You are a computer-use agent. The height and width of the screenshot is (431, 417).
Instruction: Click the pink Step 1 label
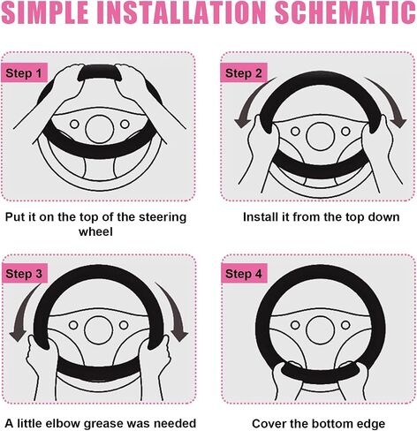[x=25, y=72]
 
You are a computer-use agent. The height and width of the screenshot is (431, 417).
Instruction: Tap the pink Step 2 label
[x=244, y=72]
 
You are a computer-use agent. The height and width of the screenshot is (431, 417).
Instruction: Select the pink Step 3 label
[x=25, y=273]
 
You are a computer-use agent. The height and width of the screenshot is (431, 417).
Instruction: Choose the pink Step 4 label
[x=244, y=273]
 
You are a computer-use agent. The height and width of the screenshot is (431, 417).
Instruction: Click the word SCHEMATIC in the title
[x=345, y=12]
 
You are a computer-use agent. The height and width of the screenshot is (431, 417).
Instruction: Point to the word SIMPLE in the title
[x=45, y=12]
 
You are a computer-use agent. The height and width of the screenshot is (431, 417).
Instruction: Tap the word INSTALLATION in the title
[x=181, y=12]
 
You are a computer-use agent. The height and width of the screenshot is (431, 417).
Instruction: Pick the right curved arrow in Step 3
[x=175, y=312]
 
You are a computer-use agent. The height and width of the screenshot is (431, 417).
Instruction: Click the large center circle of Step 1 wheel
[x=100, y=129]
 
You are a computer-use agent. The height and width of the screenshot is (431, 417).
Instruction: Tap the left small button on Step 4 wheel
[x=295, y=325]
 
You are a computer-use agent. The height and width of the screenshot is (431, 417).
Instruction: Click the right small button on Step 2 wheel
[x=345, y=132]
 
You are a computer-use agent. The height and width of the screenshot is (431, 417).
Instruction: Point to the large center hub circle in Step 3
[x=99, y=330]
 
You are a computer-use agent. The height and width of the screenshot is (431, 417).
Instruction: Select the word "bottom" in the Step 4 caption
[x=332, y=424]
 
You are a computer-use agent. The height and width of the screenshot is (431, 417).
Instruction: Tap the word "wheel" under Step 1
[x=95, y=231]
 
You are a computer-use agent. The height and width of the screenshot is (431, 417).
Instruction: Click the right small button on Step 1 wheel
[x=125, y=124]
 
